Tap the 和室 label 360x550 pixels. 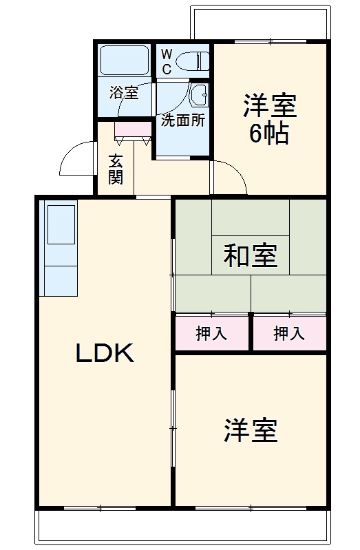251,255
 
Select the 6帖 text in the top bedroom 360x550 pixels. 268,134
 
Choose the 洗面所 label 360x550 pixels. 182,120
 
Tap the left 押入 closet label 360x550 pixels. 211,334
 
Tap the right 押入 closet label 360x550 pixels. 289,334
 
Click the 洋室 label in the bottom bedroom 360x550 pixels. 250,430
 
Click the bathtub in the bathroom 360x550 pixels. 124,61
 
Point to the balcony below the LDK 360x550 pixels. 182,527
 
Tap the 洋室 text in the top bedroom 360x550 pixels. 269,106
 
